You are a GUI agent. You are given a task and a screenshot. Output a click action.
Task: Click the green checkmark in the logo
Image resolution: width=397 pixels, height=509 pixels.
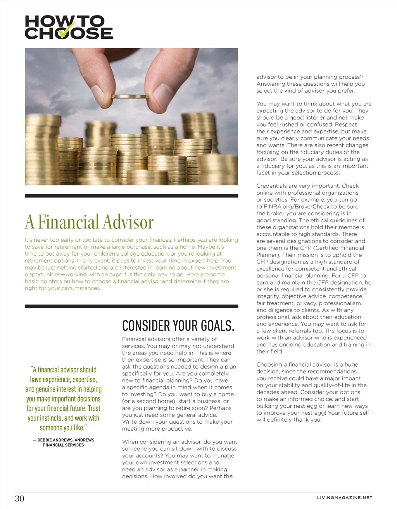[66, 31]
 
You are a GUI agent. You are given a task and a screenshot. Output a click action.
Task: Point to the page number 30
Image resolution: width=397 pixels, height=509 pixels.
[19, 499]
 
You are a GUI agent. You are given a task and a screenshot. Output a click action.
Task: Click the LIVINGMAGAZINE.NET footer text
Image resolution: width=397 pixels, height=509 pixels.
[345, 497]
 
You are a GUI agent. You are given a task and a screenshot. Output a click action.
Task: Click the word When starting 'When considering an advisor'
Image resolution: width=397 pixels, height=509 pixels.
[130, 441]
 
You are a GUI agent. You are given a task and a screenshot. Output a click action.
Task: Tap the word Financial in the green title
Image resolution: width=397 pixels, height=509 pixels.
[69, 222]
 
